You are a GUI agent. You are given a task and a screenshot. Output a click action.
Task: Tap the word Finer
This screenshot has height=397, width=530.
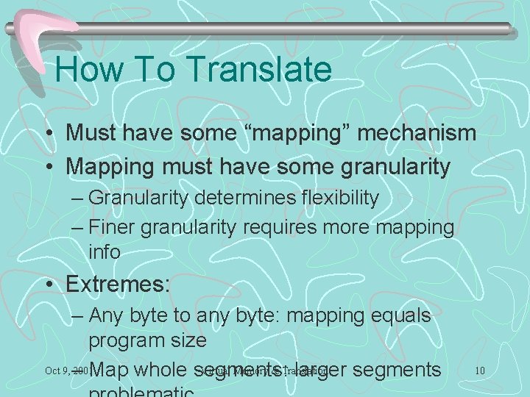[112, 228]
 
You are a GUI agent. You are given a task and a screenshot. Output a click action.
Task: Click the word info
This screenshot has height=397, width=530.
[105, 252]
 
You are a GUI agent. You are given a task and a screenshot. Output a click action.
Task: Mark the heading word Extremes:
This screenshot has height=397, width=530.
[118, 284]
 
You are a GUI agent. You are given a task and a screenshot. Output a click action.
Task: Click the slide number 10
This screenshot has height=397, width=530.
[479, 370]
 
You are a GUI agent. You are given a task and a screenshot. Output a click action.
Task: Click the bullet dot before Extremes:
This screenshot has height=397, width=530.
[48, 285]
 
